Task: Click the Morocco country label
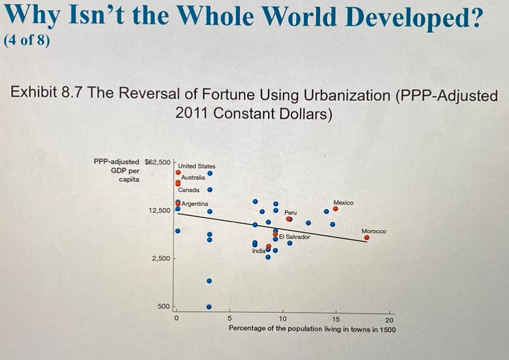point(374,231)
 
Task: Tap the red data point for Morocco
point(367,238)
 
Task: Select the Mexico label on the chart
point(343,202)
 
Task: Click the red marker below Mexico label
point(336,208)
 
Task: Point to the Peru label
point(290,212)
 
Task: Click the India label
point(258,251)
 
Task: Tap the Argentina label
point(194,204)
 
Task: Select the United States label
point(197,166)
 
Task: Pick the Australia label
point(193,177)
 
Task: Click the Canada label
point(189,190)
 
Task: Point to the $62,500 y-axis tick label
point(157,161)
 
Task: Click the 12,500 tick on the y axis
point(160,210)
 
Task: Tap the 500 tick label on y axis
point(164,306)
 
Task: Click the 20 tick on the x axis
point(389,320)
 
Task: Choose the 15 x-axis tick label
point(336,320)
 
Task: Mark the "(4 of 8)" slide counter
point(26,42)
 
